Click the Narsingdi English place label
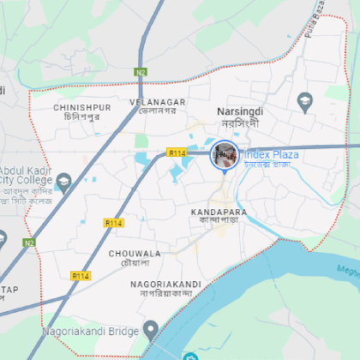pos(239,111)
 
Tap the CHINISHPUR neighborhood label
pos(82,107)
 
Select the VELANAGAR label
pos(157,101)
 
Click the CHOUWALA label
pos(135,254)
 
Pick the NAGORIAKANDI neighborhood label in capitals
pos(165,284)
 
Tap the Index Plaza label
pos(270,154)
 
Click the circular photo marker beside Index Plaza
pos(225,155)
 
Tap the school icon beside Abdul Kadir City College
pos(63,180)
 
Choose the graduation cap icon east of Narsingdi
pos(305,104)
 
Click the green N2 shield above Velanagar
pos(141,73)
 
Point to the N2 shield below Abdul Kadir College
pos(29,243)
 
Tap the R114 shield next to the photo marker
pos(177,153)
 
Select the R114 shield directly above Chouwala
pos(115,222)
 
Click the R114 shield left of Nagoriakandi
pos(81,276)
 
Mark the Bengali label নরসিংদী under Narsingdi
pos(240,123)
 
